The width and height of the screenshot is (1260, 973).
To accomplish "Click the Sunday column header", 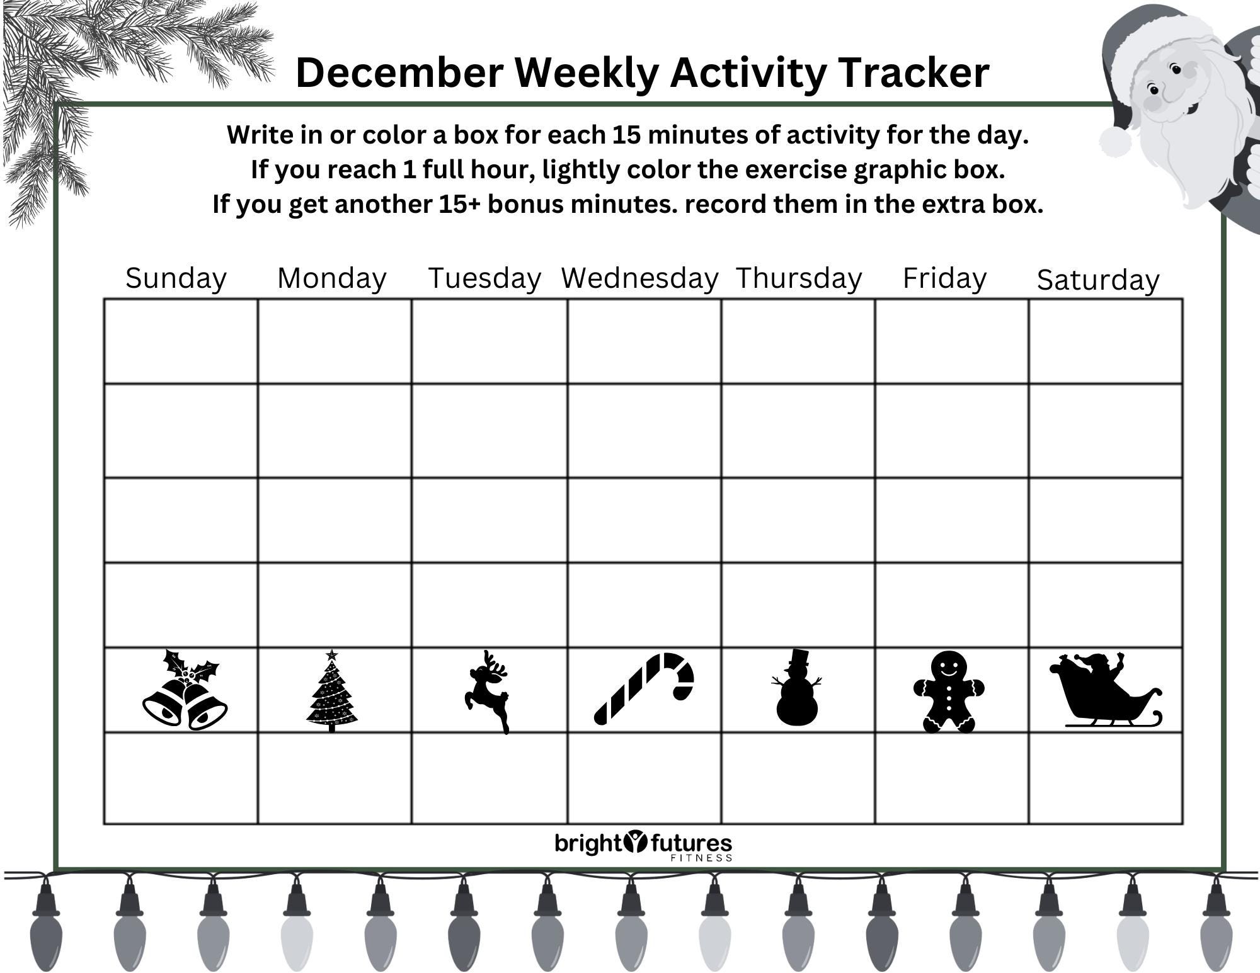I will pyautogui.click(x=176, y=278).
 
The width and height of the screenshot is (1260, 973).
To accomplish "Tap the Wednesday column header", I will pyautogui.click(x=639, y=278).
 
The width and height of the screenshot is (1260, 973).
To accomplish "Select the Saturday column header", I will pyautogui.click(x=1097, y=280).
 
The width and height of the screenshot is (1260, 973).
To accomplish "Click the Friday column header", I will pyautogui.click(x=944, y=278).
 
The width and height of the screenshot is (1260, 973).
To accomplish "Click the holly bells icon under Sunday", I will pyautogui.click(x=184, y=690).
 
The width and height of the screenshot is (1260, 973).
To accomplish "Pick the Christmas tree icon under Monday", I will pyautogui.click(x=332, y=691).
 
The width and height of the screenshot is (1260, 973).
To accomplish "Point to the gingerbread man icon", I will pyautogui.click(x=949, y=691).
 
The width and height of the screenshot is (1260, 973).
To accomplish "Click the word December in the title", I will pyautogui.click(x=398, y=72).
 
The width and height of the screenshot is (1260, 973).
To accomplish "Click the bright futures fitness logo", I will pyautogui.click(x=643, y=845).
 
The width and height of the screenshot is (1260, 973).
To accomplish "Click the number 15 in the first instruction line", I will pyautogui.click(x=626, y=135).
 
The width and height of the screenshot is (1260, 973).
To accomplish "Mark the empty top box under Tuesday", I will pyautogui.click(x=489, y=341).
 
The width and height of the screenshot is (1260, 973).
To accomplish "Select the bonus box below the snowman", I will pyautogui.click(x=798, y=778).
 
